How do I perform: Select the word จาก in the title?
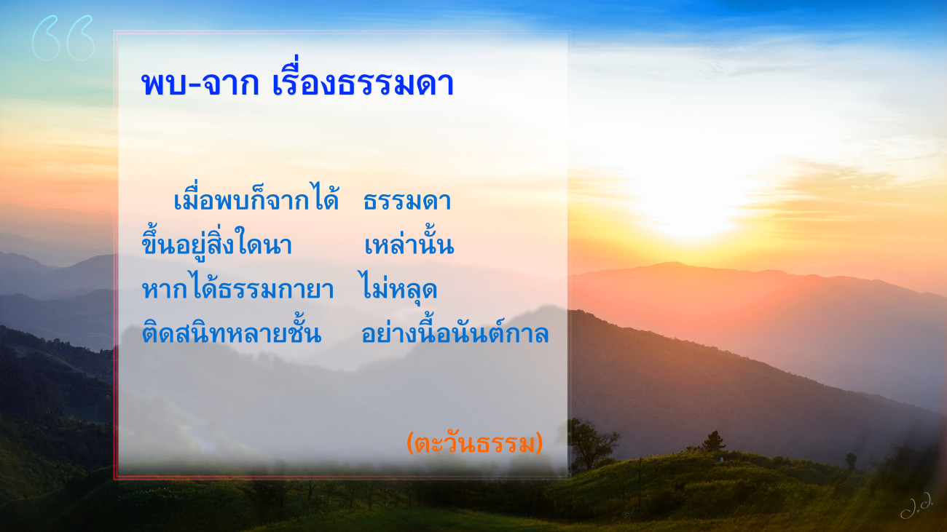pyautogui.click(x=230, y=84)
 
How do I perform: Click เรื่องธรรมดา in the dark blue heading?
pyautogui.click(x=363, y=77)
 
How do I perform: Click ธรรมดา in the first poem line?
pyautogui.click(x=407, y=201)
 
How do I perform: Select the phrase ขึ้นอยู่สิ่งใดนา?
pyautogui.click(x=216, y=242)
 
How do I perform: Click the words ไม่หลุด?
pyautogui.click(x=398, y=287)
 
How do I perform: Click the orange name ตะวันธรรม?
pyautogui.click(x=475, y=443)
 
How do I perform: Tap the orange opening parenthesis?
pyautogui.click(x=410, y=443)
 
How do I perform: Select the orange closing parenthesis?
pyautogui.click(x=539, y=443)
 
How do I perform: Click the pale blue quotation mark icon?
pyautogui.click(x=63, y=38)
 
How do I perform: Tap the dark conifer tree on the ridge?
pyautogui.click(x=714, y=442)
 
